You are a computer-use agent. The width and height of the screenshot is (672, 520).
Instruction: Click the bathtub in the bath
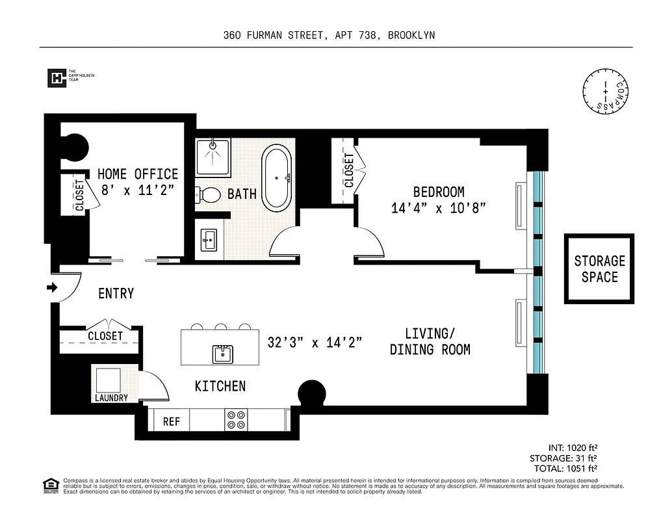(x=277, y=177)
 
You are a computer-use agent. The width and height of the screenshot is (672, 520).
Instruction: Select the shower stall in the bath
(x=213, y=156)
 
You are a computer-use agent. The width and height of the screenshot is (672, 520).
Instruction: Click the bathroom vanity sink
(x=209, y=240)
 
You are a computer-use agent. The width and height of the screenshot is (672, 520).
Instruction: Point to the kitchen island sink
(x=222, y=354)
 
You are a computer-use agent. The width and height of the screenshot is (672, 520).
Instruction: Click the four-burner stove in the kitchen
(x=235, y=420)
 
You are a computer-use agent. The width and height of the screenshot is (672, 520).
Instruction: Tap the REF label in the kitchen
(x=171, y=422)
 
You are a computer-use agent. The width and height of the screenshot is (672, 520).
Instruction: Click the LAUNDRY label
(x=111, y=398)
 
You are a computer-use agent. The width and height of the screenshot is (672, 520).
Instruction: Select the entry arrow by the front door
(x=53, y=287)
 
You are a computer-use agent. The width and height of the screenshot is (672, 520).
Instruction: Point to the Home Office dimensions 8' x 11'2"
(x=138, y=190)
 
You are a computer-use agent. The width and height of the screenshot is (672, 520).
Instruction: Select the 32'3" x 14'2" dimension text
(x=315, y=342)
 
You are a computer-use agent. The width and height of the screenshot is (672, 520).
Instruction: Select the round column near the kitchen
(x=311, y=394)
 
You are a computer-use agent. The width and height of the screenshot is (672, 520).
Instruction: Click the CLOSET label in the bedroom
(x=349, y=170)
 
